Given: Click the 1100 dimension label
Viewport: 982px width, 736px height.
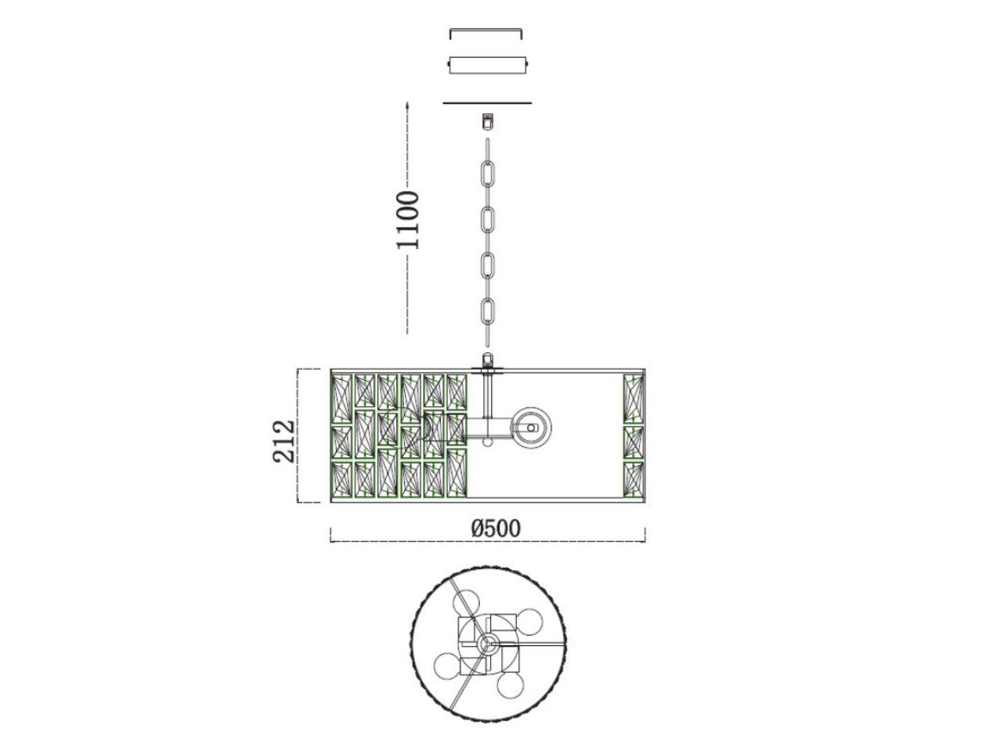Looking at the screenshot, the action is tap(407, 219).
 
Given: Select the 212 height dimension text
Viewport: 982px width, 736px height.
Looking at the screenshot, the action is tap(284, 442).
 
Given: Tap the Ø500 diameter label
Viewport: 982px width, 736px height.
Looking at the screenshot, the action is tap(496, 529).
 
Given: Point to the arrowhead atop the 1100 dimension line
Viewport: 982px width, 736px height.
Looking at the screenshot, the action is tap(407, 105).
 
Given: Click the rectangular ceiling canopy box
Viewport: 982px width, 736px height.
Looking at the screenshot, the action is tap(488, 65).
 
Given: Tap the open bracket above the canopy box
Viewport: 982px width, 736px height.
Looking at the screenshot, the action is tap(486, 31).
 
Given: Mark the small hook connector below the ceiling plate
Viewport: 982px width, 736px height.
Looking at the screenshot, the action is tap(487, 121).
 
